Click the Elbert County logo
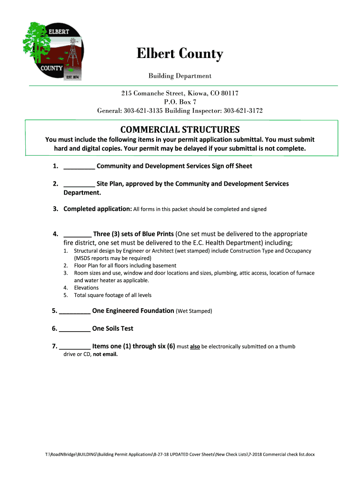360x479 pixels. coord(52,51)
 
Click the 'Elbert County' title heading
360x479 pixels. coord(180,55)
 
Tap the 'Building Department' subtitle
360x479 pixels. coord(180,76)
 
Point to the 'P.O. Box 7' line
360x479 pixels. coord(180,102)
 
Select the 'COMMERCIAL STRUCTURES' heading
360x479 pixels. coord(180,130)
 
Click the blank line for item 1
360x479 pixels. coord(79,167)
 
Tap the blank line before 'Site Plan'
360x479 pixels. coord(79,184)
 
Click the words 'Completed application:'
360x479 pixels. coord(98,209)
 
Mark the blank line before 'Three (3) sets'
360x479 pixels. coord(77,234)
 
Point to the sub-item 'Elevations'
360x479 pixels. coord(86,288)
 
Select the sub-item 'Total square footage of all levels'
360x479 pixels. coord(113,295)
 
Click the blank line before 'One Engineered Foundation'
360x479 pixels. coord(75,311)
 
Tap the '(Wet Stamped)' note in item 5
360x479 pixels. coord(194,311)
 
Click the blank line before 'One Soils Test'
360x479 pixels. coord(75,329)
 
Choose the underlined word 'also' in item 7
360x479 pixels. coord(195,347)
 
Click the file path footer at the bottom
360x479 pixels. coord(180,454)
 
